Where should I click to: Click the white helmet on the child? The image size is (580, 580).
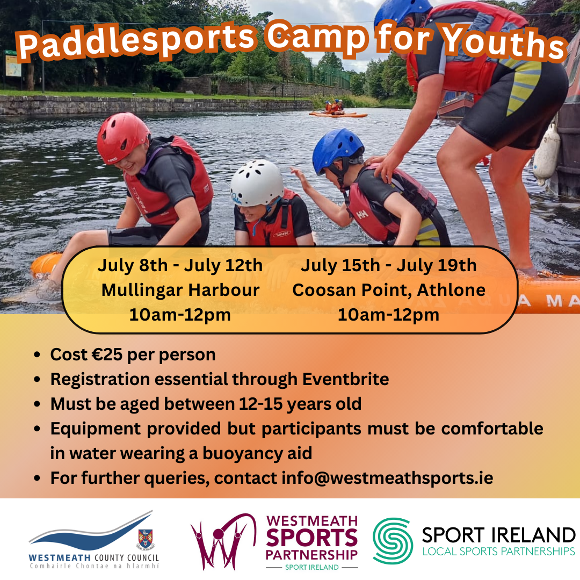(x=257, y=183)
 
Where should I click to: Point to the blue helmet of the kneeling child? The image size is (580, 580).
(x=338, y=148)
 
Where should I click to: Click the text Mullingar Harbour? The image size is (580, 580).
(x=180, y=291)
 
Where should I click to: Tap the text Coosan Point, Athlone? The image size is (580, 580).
(x=389, y=291)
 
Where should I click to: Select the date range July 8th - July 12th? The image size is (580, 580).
(x=180, y=266)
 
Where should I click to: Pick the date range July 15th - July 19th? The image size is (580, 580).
(x=389, y=266)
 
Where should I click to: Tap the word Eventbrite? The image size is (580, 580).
(x=345, y=380)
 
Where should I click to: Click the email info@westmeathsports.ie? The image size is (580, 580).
(x=387, y=478)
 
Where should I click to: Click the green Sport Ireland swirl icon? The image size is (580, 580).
(x=393, y=541)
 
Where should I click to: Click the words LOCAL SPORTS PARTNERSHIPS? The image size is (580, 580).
(x=498, y=552)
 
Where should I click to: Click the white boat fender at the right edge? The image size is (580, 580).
(x=547, y=156)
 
